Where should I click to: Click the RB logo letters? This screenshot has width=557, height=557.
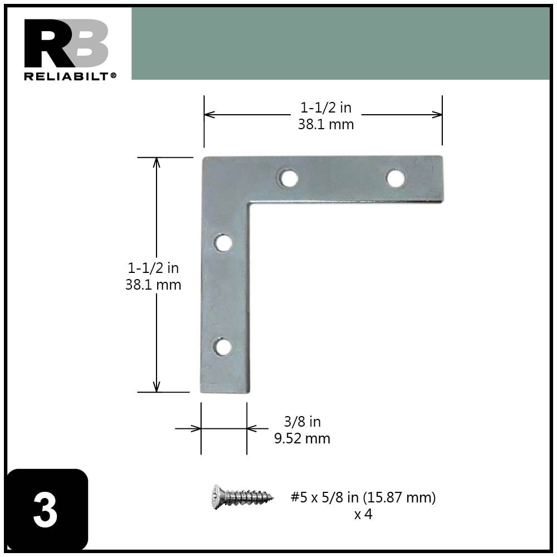tap(66, 44)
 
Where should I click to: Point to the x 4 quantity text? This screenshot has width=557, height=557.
tap(363, 514)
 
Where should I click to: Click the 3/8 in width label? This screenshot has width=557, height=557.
tap(302, 422)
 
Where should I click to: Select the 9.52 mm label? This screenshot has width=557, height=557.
tap(302, 439)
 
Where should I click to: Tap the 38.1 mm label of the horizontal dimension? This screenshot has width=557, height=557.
tap(326, 124)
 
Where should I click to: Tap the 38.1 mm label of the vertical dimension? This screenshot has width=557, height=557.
tap(153, 285)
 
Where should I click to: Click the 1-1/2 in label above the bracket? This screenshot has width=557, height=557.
tap(326, 108)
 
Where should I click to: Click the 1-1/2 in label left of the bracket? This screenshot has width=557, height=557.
tap(153, 268)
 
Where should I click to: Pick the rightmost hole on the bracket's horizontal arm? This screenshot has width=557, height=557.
tap(395, 178)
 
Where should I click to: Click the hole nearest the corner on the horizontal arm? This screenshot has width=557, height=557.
tap(288, 178)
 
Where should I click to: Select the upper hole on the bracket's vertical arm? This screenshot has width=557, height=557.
tap(223, 243)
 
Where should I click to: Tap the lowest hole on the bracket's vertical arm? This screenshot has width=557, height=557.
tap(223, 346)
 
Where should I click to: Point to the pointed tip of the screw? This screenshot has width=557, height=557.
tap(271, 496)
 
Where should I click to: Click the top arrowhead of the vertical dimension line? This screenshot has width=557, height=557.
tap(157, 162)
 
